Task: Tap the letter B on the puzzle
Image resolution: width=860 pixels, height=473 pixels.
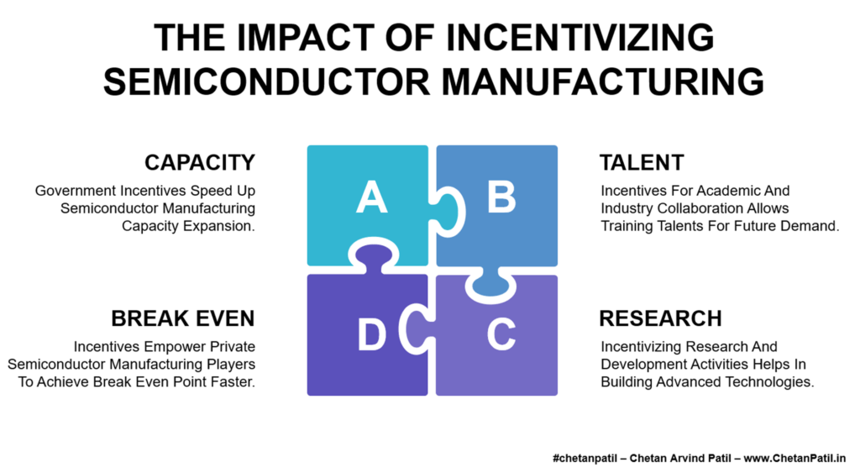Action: (x=501, y=197)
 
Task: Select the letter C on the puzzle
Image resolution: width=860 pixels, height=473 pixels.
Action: (x=501, y=334)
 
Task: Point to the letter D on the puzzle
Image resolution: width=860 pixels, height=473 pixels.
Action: (x=372, y=334)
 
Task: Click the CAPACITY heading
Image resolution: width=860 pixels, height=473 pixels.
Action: (x=200, y=162)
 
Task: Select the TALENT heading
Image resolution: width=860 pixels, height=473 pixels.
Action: (x=642, y=162)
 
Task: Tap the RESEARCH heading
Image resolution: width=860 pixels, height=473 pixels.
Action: (x=660, y=318)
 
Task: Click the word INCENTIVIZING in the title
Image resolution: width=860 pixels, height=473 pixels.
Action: (x=580, y=38)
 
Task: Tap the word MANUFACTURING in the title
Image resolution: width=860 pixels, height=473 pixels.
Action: (x=603, y=81)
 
